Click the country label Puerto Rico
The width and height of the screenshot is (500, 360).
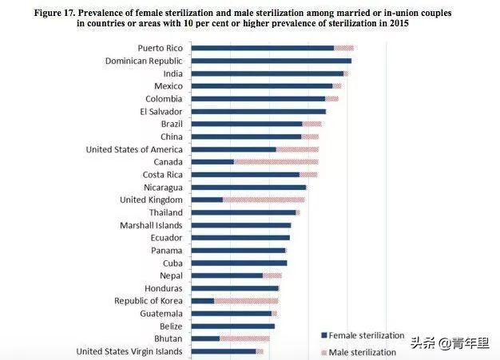160,48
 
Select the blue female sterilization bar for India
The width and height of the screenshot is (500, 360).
268,73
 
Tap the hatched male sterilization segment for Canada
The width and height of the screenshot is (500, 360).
276,162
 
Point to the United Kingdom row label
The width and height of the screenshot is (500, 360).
151,200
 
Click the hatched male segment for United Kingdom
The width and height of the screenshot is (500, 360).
264,200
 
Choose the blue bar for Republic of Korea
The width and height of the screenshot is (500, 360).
204,301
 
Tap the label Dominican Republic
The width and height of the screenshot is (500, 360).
144,61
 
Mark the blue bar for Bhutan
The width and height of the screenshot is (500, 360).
206,338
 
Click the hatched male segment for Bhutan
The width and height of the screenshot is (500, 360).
244,338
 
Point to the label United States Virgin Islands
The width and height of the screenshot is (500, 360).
129,351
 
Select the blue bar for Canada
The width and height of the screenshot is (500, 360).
213,162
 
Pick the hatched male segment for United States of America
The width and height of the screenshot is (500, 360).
297,149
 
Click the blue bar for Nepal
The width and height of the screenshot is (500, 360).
228,275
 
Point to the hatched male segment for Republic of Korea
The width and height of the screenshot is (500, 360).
246,301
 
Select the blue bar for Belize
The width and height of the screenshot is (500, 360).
233,326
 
